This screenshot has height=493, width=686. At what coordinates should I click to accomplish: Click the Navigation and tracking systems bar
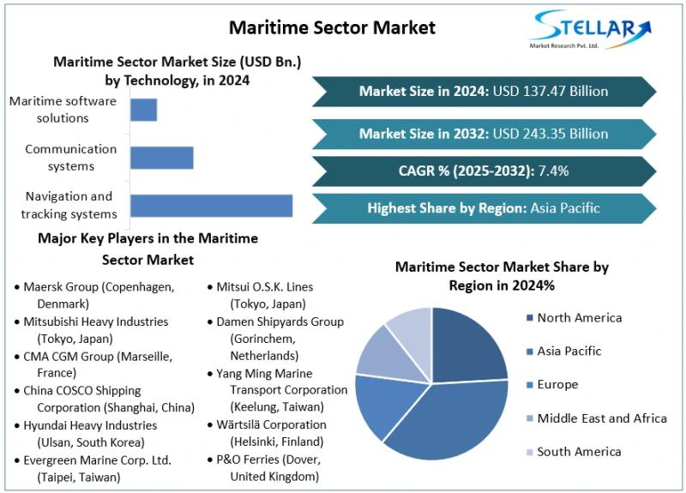pyautogui.click(x=211, y=206)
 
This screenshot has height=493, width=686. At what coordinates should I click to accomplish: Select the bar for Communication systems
pyautogui.click(x=161, y=158)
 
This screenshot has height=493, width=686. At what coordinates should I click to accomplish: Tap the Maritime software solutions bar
pyautogui.click(x=143, y=110)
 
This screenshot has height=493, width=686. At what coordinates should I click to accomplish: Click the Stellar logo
pyautogui.click(x=583, y=32)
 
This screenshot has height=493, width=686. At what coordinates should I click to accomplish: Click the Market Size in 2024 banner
pyautogui.click(x=484, y=91)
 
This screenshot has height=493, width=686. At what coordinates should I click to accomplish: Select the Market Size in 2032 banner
pyautogui.click(x=484, y=134)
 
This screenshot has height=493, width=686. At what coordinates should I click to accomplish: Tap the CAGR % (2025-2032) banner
pyautogui.click(x=484, y=171)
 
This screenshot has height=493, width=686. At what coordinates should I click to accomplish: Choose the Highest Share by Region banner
pyautogui.click(x=484, y=207)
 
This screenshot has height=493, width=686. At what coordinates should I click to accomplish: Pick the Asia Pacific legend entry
pyautogui.click(x=569, y=351)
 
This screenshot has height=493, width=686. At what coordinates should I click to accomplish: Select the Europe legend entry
pyautogui.click(x=557, y=385)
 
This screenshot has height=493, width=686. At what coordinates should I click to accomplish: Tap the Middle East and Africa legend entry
pyautogui.click(x=601, y=418)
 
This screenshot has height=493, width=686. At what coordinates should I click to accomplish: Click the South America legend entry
pyautogui.click(x=579, y=452)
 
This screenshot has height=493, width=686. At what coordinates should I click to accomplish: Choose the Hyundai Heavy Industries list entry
pyautogui.click(x=90, y=434)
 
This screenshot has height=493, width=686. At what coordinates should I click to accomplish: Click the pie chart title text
pyautogui.click(x=502, y=275)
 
